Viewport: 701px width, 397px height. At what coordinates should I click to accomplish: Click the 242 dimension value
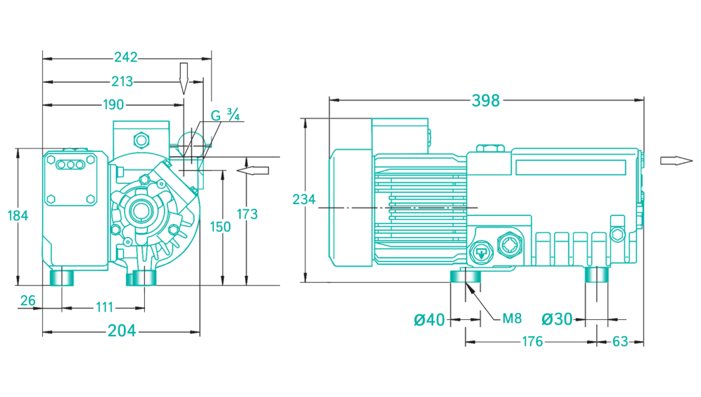click(x=126, y=57)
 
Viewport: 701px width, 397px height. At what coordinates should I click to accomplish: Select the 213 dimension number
click(x=121, y=81)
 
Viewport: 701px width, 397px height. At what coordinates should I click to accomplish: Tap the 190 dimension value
click(x=113, y=105)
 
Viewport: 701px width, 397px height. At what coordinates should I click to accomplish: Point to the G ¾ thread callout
click(x=225, y=116)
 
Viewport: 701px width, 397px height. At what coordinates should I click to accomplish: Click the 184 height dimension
click(x=18, y=215)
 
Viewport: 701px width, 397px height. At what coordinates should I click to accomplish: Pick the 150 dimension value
click(x=220, y=227)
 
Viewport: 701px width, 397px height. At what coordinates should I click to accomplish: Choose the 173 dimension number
click(x=247, y=214)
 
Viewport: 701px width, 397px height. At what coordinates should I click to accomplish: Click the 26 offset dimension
click(x=27, y=301)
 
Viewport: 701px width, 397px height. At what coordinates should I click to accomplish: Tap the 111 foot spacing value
click(x=103, y=307)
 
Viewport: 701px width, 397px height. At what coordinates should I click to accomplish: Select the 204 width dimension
click(x=122, y=331)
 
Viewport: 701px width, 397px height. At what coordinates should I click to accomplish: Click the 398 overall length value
click(x=486, y=100)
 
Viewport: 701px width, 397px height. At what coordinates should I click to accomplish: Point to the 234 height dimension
click(x=304, y=200)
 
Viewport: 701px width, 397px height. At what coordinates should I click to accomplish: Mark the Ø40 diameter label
click(x=429, y=319)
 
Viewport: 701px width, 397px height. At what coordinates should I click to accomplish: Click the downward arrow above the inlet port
click(x=183, y=78)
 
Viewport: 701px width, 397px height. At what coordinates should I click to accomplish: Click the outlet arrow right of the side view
click(x=672, y=161)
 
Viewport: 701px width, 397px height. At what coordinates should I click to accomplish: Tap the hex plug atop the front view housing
click(x=141, y=140)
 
